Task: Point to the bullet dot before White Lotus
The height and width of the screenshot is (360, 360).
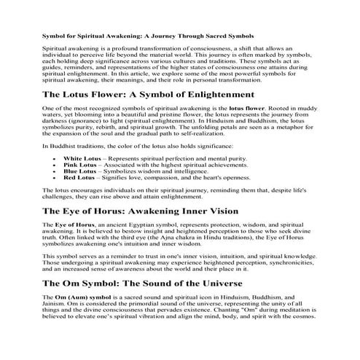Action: [55, 158]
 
